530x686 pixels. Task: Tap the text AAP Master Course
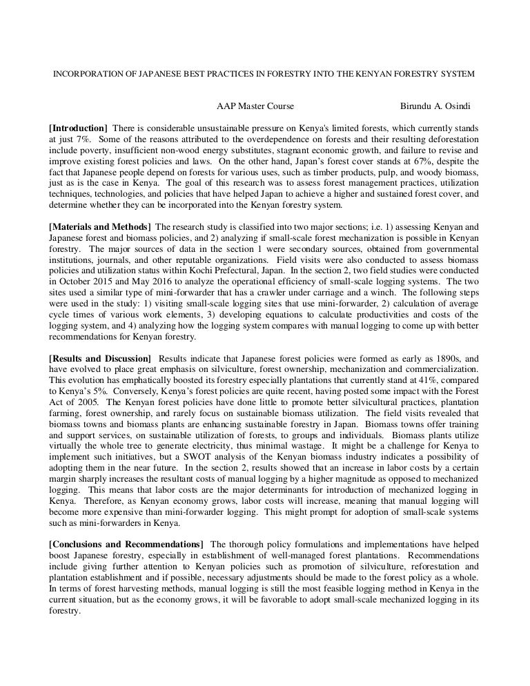coord(255,106)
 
